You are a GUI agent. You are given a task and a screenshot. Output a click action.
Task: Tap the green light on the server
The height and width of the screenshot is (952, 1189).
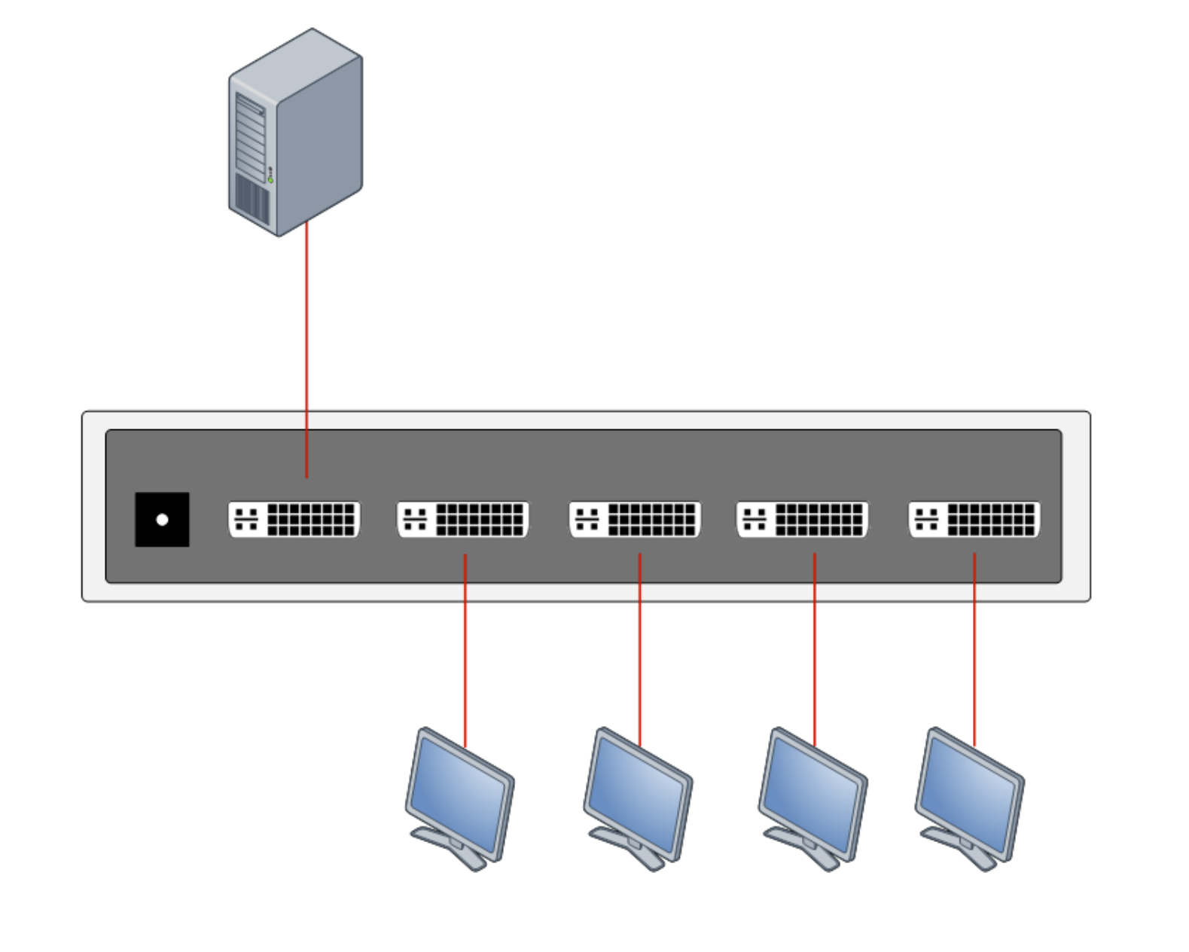pyautogui.click(x=270, y=180)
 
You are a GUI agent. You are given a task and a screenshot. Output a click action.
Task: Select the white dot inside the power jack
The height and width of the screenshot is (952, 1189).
pyautogui.click(x=162, y=520)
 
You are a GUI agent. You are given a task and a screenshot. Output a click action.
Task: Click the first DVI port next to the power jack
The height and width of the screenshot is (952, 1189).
pyautogui.click(x=294, y=520)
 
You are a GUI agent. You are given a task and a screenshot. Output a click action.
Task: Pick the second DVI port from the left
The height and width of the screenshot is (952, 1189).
pyautogui.click(x=463, y=520)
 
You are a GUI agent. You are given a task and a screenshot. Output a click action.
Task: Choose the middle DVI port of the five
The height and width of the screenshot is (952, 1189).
pyautogui.click(x=635, y=520)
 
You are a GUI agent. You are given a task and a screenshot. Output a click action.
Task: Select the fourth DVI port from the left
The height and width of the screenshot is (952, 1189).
pyautogui.click(x=802, y=520)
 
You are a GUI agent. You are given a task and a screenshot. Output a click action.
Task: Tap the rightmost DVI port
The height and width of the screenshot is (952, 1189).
pyautogui.click(x=974, y=520)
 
